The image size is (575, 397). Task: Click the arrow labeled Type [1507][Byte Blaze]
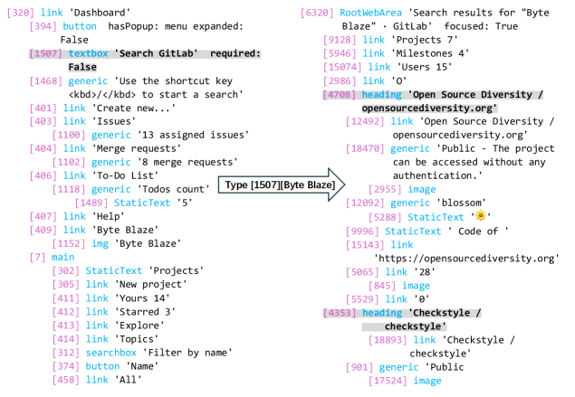(281, 184)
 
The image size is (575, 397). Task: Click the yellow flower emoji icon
(481, 215)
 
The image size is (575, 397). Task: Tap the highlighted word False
(82, 68)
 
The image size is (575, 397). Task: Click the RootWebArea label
(370, 14)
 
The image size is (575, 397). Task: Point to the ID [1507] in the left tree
(46, 54)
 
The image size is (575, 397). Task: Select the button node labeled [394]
(62, 27)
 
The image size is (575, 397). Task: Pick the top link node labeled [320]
(35, 13)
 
